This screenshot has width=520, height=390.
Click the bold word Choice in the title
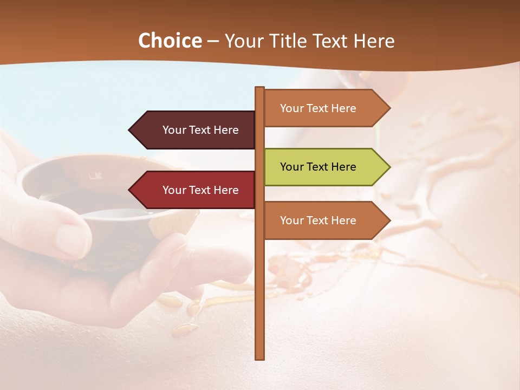tap(170, 41)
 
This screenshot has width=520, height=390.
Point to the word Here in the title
tap(374, 41)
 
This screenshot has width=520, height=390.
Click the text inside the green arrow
tap(318, 167)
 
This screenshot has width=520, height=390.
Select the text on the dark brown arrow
tap(200, 130)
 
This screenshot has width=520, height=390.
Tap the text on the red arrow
tap(200, 190)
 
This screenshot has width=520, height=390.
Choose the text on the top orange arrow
tap(318, 108)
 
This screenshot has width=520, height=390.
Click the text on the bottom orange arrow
tap(318, 220)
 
